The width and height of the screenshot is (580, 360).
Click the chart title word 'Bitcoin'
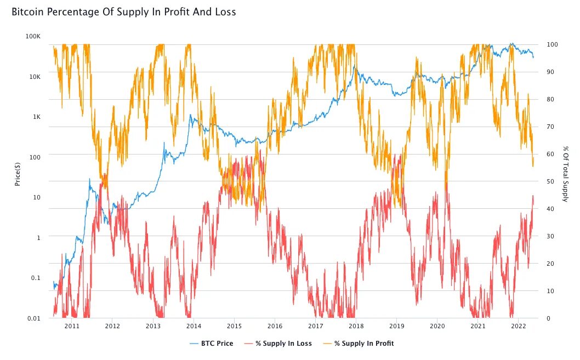pos(28,12)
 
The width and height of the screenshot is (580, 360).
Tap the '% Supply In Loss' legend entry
pos(283,344)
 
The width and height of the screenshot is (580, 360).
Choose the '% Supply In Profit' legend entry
pos(364,344)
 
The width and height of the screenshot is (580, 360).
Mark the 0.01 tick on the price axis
pos(34,318)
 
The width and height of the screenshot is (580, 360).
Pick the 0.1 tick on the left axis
pos(36,278)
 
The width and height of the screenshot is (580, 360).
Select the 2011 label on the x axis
pos(72,326)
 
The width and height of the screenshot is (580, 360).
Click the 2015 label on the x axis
pos(234,326)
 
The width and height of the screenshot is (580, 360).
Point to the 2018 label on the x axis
pos(356,326)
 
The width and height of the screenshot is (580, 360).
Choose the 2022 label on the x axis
pos(518,326)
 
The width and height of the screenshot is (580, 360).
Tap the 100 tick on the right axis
pos(553,44)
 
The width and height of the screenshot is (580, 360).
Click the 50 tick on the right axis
pos(551,181)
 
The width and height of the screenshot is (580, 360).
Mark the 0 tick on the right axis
pos(549,318)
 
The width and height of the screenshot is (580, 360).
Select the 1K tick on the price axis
pos(36,117)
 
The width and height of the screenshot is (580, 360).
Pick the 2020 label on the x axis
pos(437,326)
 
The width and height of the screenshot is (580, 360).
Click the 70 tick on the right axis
pos(551,127)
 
